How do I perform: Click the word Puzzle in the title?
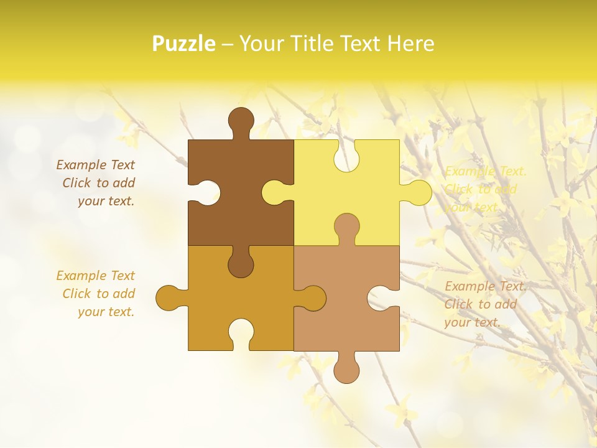[x=184, y=44]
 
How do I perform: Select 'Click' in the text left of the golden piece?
[x=76, y=294]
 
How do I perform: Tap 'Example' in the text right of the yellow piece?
[x=469, y=171]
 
